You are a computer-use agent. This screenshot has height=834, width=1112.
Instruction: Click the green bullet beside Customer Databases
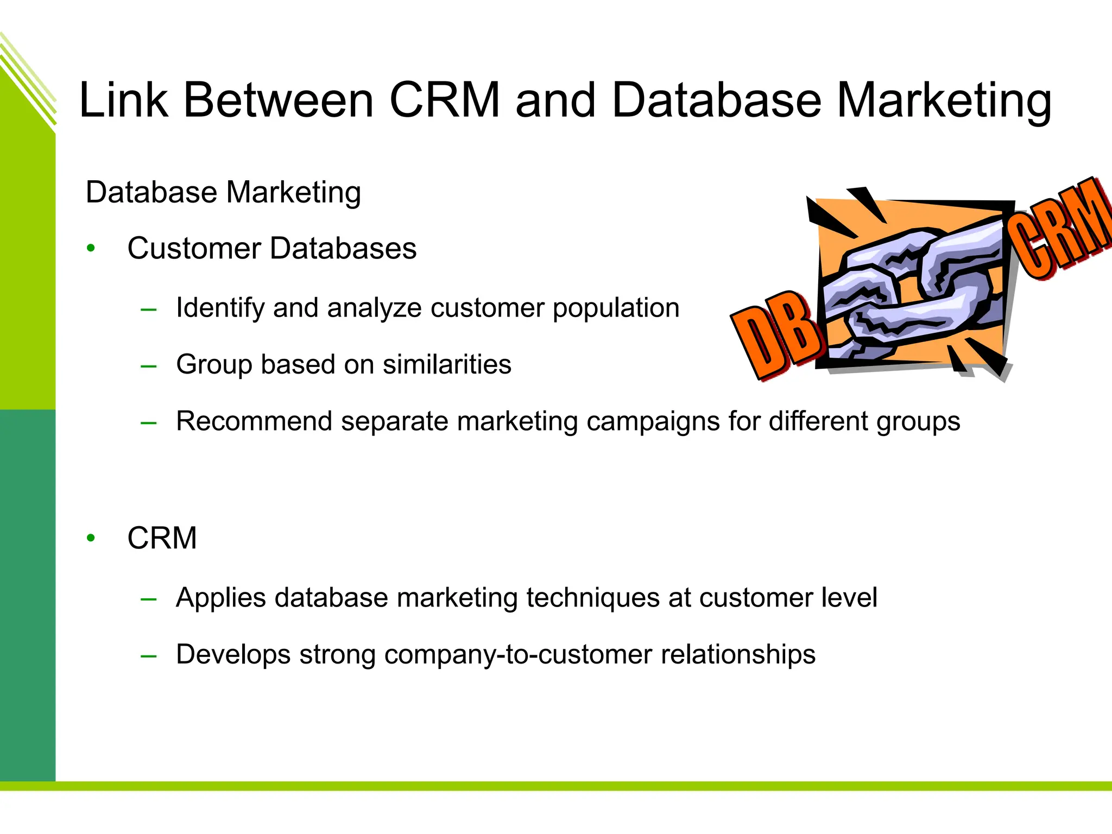91,249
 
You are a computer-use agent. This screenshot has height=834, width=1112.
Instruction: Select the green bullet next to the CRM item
91,538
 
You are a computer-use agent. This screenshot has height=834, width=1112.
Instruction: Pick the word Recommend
254,421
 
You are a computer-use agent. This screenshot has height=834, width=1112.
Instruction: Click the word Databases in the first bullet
343,249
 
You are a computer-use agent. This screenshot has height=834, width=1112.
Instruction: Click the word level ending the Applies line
849,598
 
